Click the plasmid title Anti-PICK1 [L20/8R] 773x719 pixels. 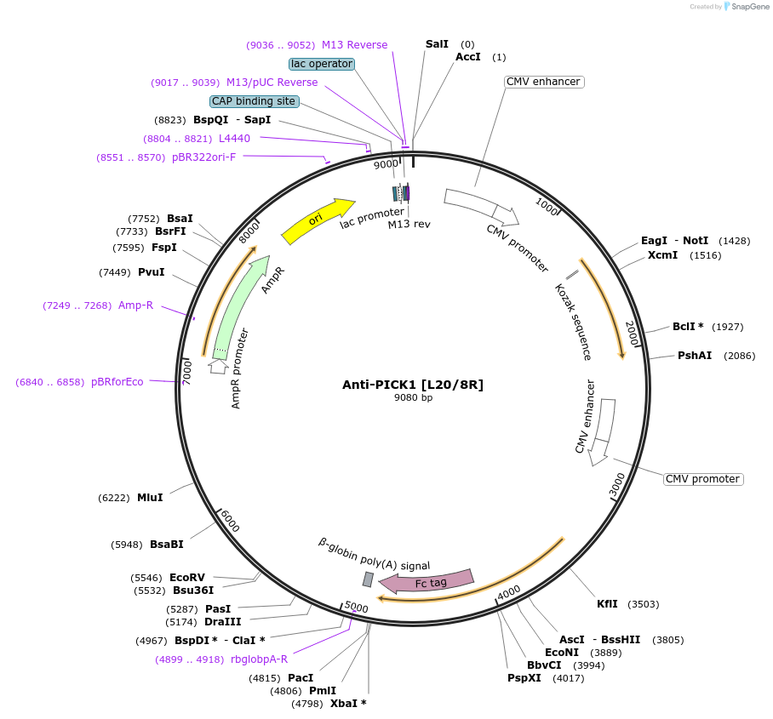point(413,385)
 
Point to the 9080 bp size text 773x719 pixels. point(413,397)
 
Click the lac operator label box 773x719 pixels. point(322,64)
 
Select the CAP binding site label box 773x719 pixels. point(254,101)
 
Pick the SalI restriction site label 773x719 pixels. point(437,44)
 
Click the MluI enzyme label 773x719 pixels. point(150,498)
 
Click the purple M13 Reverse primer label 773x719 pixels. point(354,45)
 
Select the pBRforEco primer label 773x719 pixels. point(117,382)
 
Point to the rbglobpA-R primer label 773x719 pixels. point(259,659)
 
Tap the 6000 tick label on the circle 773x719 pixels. point(230,521)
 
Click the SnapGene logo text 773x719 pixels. point(750,7)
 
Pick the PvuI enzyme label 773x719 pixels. point(151,272)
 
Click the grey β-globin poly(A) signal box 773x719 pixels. point(368,579)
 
